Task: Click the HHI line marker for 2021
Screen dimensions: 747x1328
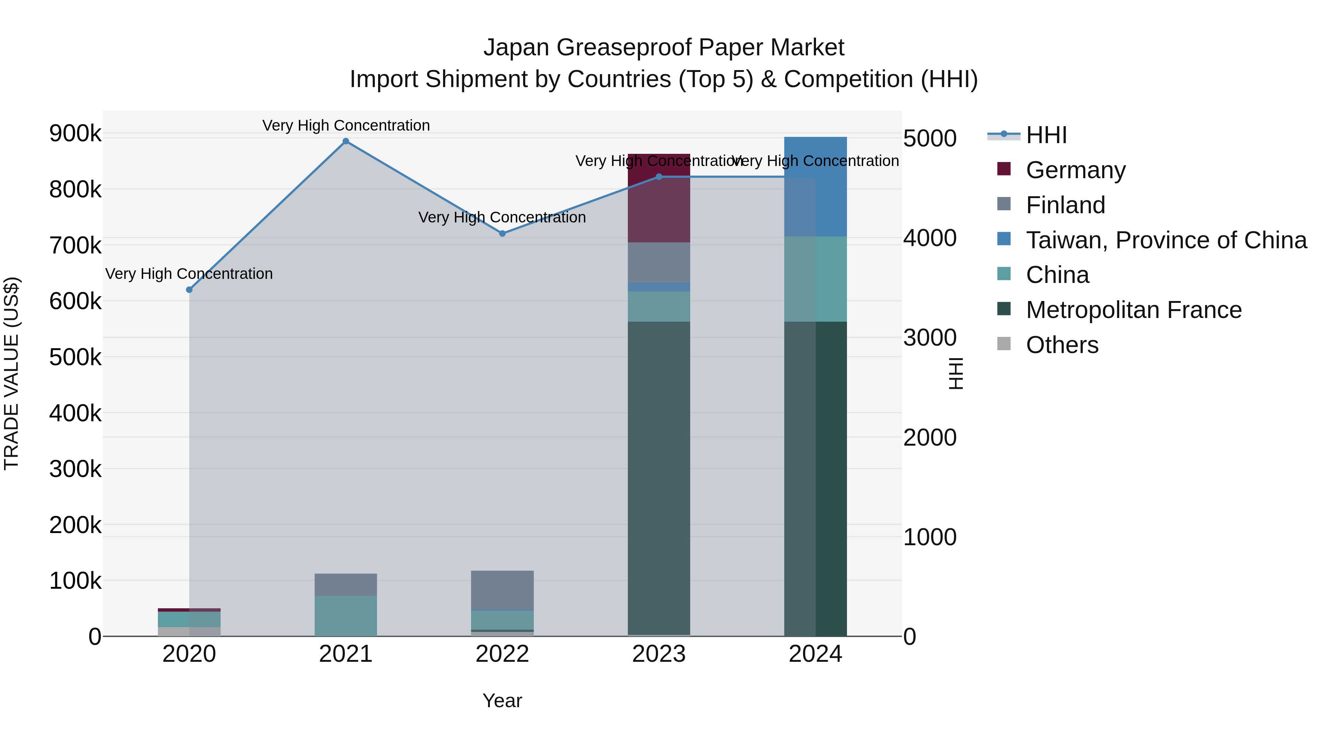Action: point(346,141)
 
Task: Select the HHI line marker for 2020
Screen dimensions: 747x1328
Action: point(189,290)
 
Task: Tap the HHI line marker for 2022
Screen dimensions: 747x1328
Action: point(503,234)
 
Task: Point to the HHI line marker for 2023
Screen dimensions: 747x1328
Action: point(659,177)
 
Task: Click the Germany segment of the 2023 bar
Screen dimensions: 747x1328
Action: point(659,198)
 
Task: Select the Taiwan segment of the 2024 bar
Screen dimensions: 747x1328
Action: point(816,187)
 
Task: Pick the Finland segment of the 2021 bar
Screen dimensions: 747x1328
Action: point(346,585)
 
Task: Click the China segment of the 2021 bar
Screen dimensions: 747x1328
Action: point(346,616)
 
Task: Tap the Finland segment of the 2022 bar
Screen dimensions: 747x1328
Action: point(503,590)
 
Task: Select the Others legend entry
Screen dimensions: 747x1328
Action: point(1062,345)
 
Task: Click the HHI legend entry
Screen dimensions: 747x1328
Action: point(1046,135)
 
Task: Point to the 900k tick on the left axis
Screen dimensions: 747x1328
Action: point(75,134)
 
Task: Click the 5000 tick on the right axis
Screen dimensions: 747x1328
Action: point(930,138)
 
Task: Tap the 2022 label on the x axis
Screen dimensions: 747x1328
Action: point(503,654)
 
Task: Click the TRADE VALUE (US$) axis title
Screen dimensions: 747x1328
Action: point(11,373)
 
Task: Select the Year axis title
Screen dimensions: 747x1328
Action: point(503,701)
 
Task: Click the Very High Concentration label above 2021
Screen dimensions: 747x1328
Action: point(346,125)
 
